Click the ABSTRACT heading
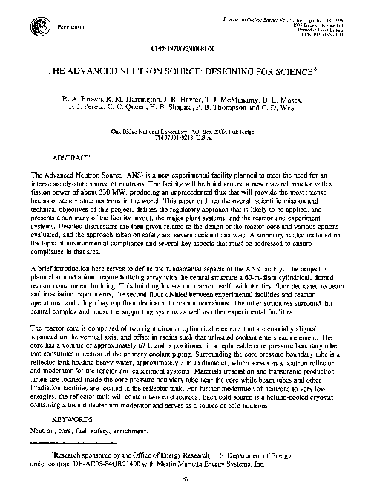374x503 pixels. pos(72,158)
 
